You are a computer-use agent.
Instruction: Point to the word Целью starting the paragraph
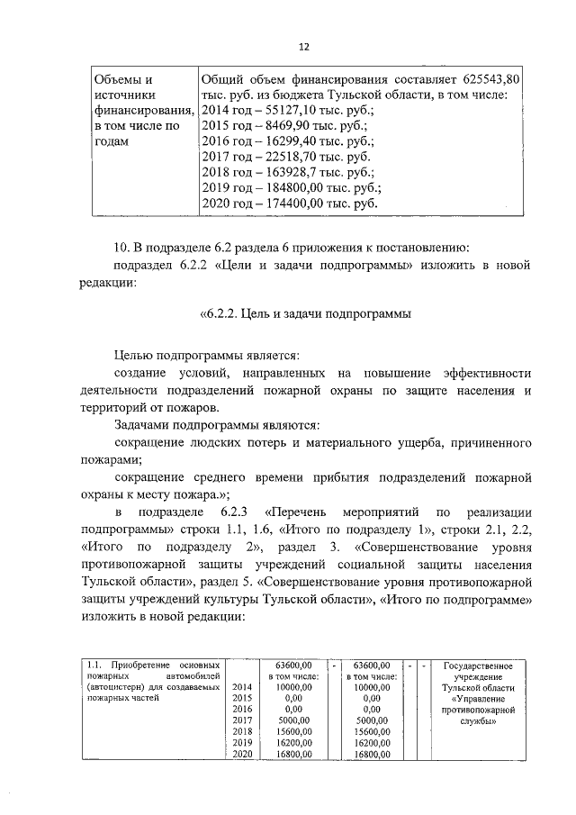pyautogui.click(x=136, y=356)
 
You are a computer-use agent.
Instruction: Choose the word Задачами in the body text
pyautogui.click(x=144, y=425)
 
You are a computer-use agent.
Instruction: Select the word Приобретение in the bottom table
pyautogui.click(x=144, y=666)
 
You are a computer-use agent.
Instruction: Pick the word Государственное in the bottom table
pyautogui.click(x=484, y=666)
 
